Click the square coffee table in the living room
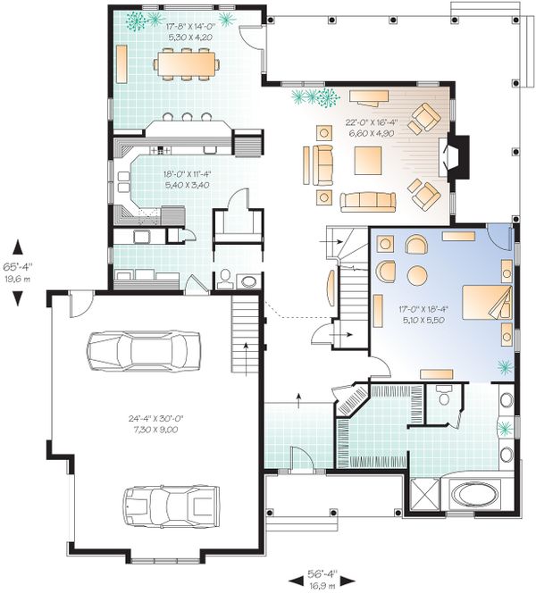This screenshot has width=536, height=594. tap(370, 162)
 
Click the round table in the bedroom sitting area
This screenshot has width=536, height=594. tap(417, 273)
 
